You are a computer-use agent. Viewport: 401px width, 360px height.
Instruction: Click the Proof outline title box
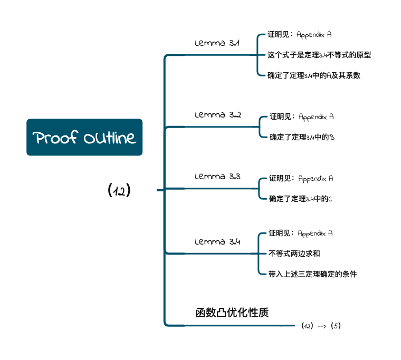pyautogui.click(x=84, y=137)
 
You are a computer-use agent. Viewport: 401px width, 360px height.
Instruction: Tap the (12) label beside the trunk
pyautogui.click(x=119, y=190)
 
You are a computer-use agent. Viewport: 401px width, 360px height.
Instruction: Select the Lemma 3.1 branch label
pyautogui.click(x=217, y=43)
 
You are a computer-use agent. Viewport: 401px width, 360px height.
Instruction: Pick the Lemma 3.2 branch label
pyautogui.click(x=218, y=115)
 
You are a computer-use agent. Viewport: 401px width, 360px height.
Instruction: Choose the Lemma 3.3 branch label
pyautogui.click(x=217, y=176)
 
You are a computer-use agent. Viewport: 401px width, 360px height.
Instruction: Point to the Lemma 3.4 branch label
pyautogui.click(x=217, y=241)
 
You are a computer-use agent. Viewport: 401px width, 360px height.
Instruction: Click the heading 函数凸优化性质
pyautogui.click(x=232, y=313)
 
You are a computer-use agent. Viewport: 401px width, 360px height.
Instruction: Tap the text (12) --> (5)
pyautogui.click(x=321, y=326)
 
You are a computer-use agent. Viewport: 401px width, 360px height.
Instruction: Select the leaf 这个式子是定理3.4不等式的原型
pyautogui.click(x=319, y=55)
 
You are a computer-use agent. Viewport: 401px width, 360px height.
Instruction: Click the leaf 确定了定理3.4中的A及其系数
pyautogui.click(x=314, y=75)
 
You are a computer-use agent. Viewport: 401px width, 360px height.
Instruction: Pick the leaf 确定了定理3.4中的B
pyautogui.click(x=302, y=137)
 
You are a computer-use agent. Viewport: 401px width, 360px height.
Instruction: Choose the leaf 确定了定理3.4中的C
pyautogui.click(x=301, y=199)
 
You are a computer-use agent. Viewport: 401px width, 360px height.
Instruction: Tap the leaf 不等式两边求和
pyautogui.click(x=294, y=254)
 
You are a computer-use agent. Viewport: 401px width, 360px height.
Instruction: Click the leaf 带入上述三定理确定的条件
pyautogui.click(x=312, y=274)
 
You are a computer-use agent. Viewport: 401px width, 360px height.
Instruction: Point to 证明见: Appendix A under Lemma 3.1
pyautogui.click(x=300, y=34)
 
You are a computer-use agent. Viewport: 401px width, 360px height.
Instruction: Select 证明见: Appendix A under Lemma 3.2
pyautogui.click(x=301, y=117)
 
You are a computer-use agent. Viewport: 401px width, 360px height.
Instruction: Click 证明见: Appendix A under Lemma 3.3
pyautogui.click(x=301, y=178)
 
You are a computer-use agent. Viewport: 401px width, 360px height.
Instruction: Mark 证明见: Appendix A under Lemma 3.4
pyautogui.click(x=301, y=233)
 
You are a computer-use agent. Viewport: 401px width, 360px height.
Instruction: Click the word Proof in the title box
pyautogui.click(x=55, y=138)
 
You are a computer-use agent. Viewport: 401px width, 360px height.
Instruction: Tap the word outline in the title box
pyautogui.click(x=110, y=138)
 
